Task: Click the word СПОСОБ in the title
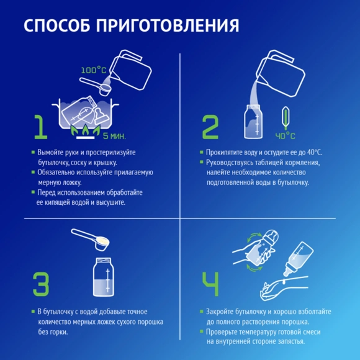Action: (x=57, y=25)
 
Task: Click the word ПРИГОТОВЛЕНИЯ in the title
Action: (x=168, y=25)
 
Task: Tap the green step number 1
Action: (x=40, y=127)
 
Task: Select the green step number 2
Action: (x=210, y=127)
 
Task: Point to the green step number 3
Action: (x=41, y=284)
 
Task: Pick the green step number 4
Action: (x=210, y=284)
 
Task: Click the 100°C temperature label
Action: (x=94, y=70)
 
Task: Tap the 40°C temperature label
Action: (x=285, y=136)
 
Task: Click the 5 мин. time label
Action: (x=114, y=136)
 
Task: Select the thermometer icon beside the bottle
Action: (x=286, y=117)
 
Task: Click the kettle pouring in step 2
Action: (x=281, y=73)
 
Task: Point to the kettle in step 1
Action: (x=130, y=70)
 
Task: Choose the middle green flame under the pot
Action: (x=86, y=130)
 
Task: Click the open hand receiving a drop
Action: (x=284, y=288)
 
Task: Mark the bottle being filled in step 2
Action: (x=253, y=122)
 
